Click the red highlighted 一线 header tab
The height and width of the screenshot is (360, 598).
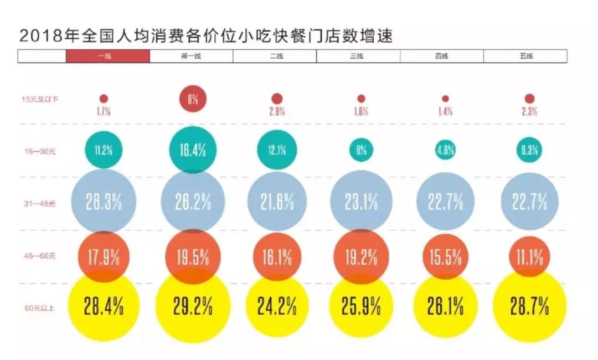[108, 56]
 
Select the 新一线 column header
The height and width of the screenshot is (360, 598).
[191, 56]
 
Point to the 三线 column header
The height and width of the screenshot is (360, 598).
[358, 56]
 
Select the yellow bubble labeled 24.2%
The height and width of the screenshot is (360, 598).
[277, 306]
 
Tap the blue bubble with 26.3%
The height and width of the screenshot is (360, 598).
[104, 202]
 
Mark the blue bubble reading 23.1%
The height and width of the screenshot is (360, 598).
[361, 202]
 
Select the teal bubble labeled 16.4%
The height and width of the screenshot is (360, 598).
[193, 150]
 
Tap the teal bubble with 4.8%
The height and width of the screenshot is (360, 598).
[445, 150]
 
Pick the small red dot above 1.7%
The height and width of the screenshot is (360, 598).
[104, 99]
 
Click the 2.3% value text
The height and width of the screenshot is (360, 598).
[529, 111]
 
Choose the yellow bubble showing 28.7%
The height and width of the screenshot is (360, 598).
[529, 306]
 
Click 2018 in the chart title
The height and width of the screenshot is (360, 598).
[37, 37]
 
